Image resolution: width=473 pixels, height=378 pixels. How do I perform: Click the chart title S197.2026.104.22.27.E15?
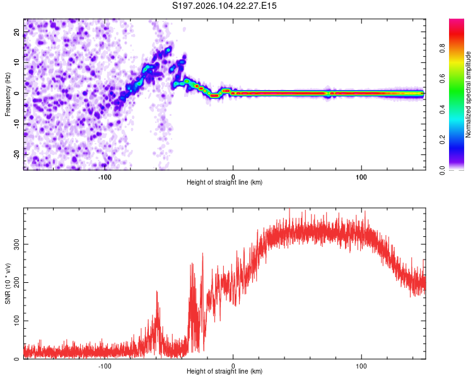[x=225, y=6]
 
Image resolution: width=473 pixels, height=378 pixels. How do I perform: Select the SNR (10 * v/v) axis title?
[x=8, y=283]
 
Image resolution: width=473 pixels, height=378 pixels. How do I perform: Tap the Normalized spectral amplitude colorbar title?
[x=468, y=94]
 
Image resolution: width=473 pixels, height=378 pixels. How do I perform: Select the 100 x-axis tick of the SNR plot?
[x=362, y=365]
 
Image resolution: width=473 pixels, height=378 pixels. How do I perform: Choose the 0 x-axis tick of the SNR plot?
[x=233, y=365]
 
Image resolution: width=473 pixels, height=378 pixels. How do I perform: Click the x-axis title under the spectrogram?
[x=225, y=183]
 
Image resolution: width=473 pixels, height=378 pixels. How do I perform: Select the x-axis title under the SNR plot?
[x=225, y=372]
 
